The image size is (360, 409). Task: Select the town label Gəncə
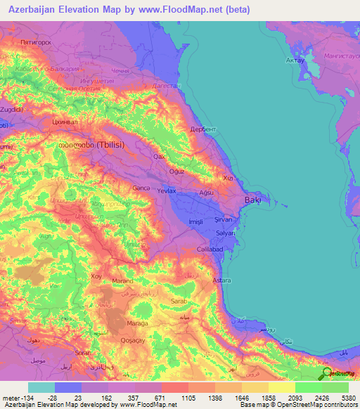[142, 188]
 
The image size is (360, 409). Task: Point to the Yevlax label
[167, 190]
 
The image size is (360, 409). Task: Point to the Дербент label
[204, 130]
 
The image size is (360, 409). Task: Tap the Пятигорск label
[38, 43]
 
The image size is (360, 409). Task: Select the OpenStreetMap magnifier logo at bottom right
[326, 373]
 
